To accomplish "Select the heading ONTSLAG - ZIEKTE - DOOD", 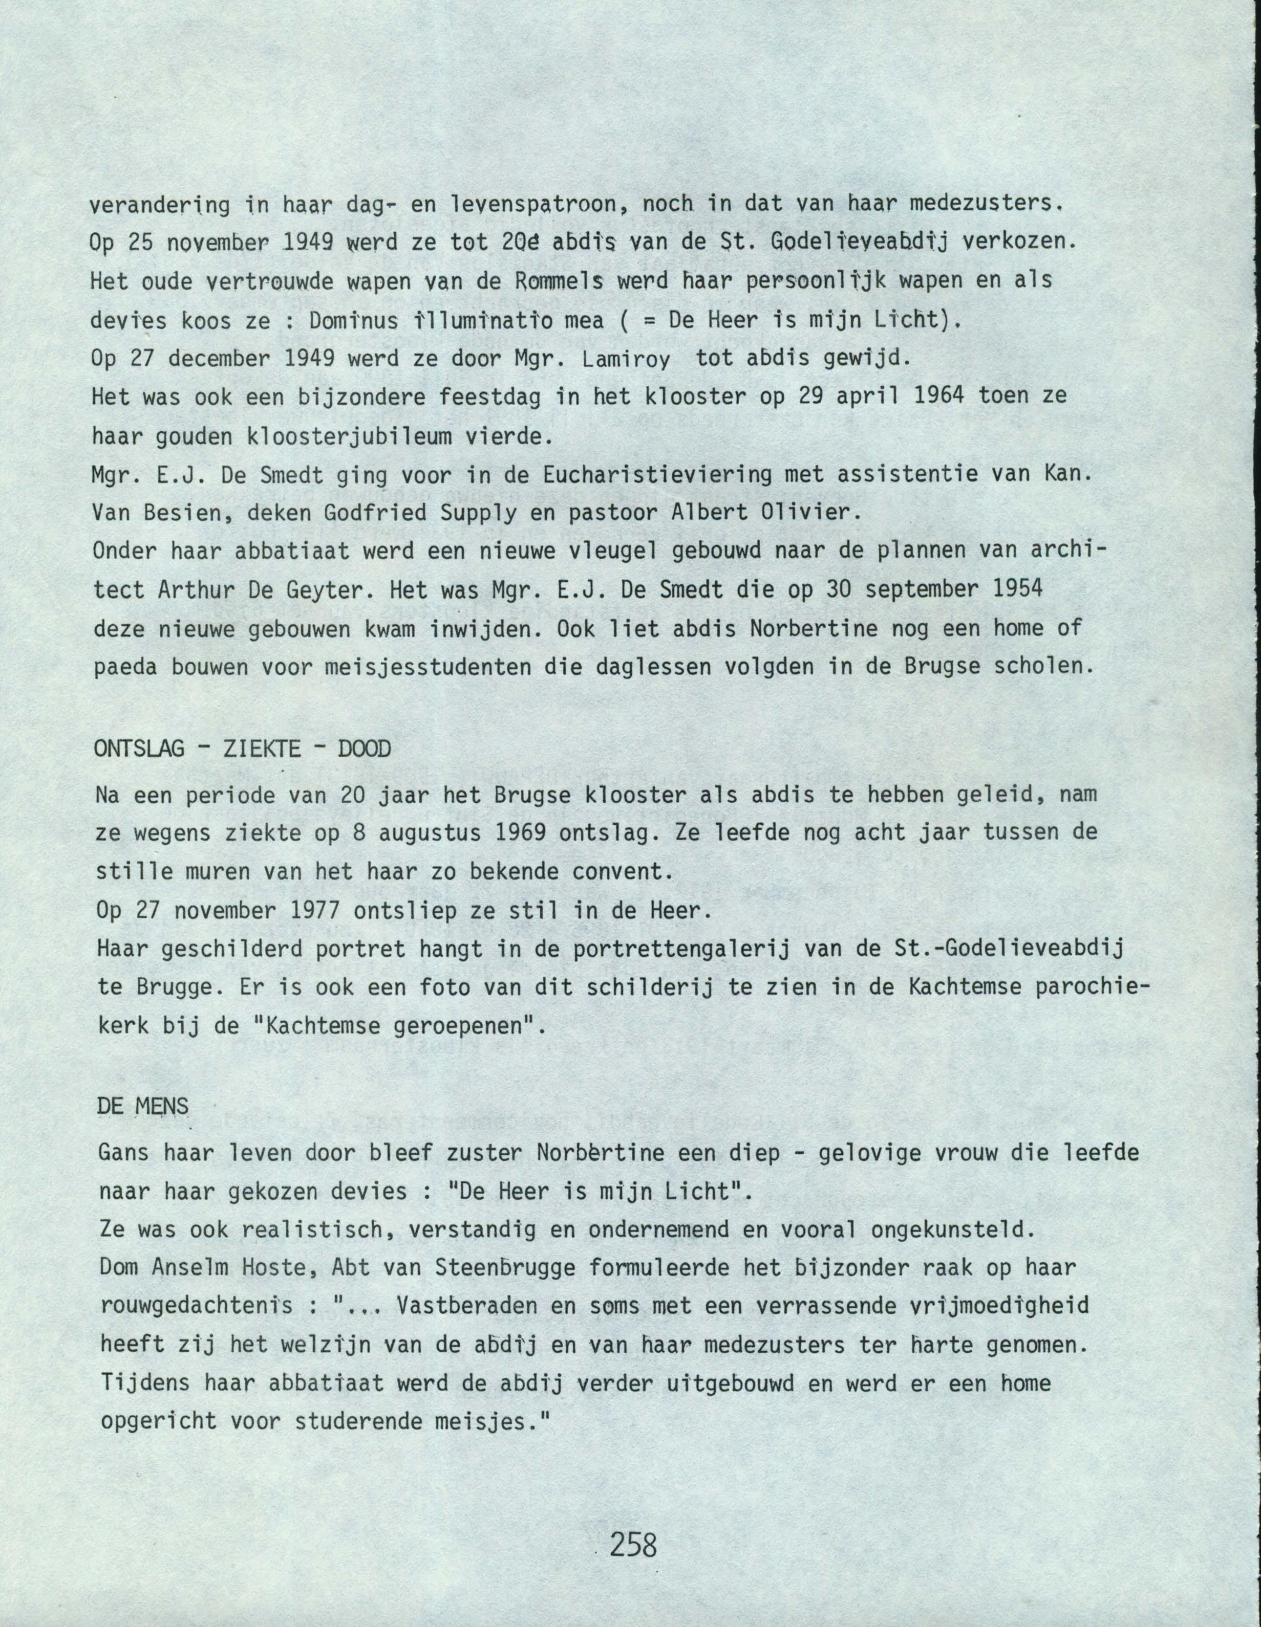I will tap(242, 749).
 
